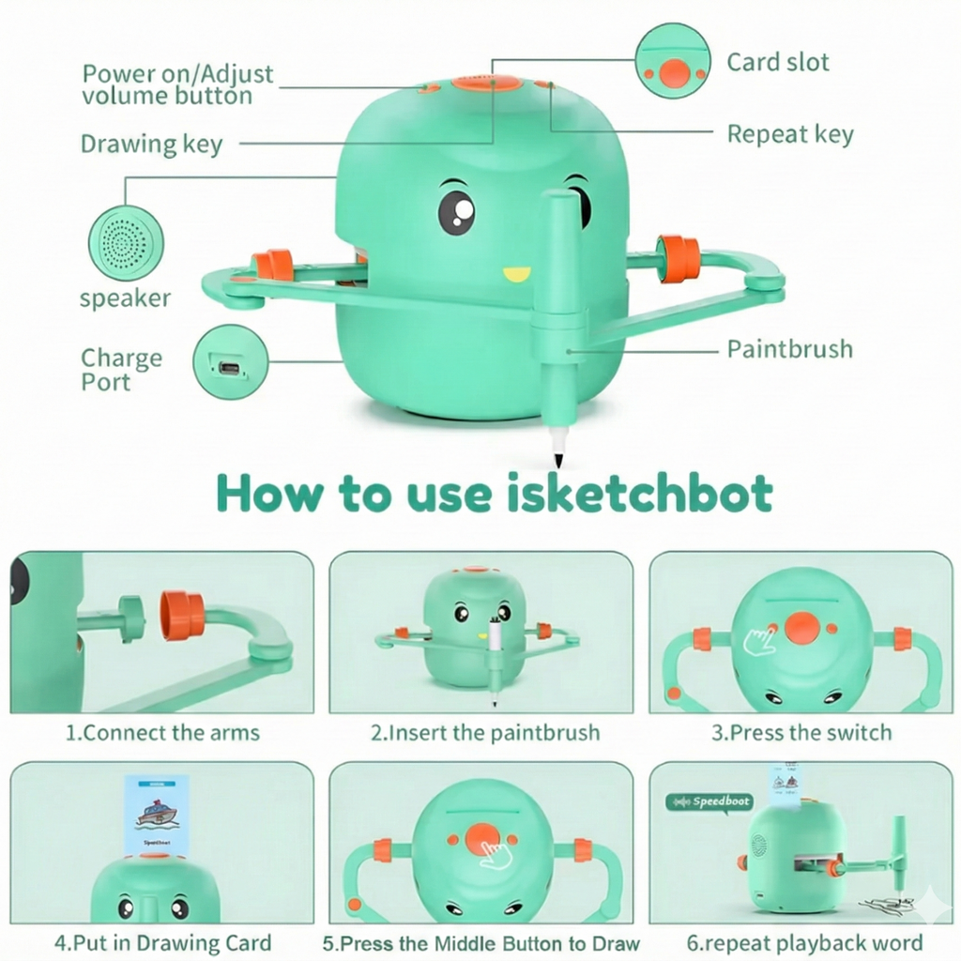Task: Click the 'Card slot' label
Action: (778, 63)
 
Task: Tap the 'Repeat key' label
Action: (790, 134)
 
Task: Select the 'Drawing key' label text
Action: (151, 144)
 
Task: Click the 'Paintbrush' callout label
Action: (790, 349)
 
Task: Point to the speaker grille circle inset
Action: (126, 242)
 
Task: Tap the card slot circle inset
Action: (673, 61)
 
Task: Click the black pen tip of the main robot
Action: (558, 460)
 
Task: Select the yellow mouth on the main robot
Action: (515, 274)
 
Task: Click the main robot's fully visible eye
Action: (456, 211)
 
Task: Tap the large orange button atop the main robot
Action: (487, 84)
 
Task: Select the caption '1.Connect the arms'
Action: (162, 733)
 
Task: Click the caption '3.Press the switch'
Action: (801, 733)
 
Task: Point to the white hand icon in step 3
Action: (759, 640)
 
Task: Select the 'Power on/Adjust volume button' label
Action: (177, 84)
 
